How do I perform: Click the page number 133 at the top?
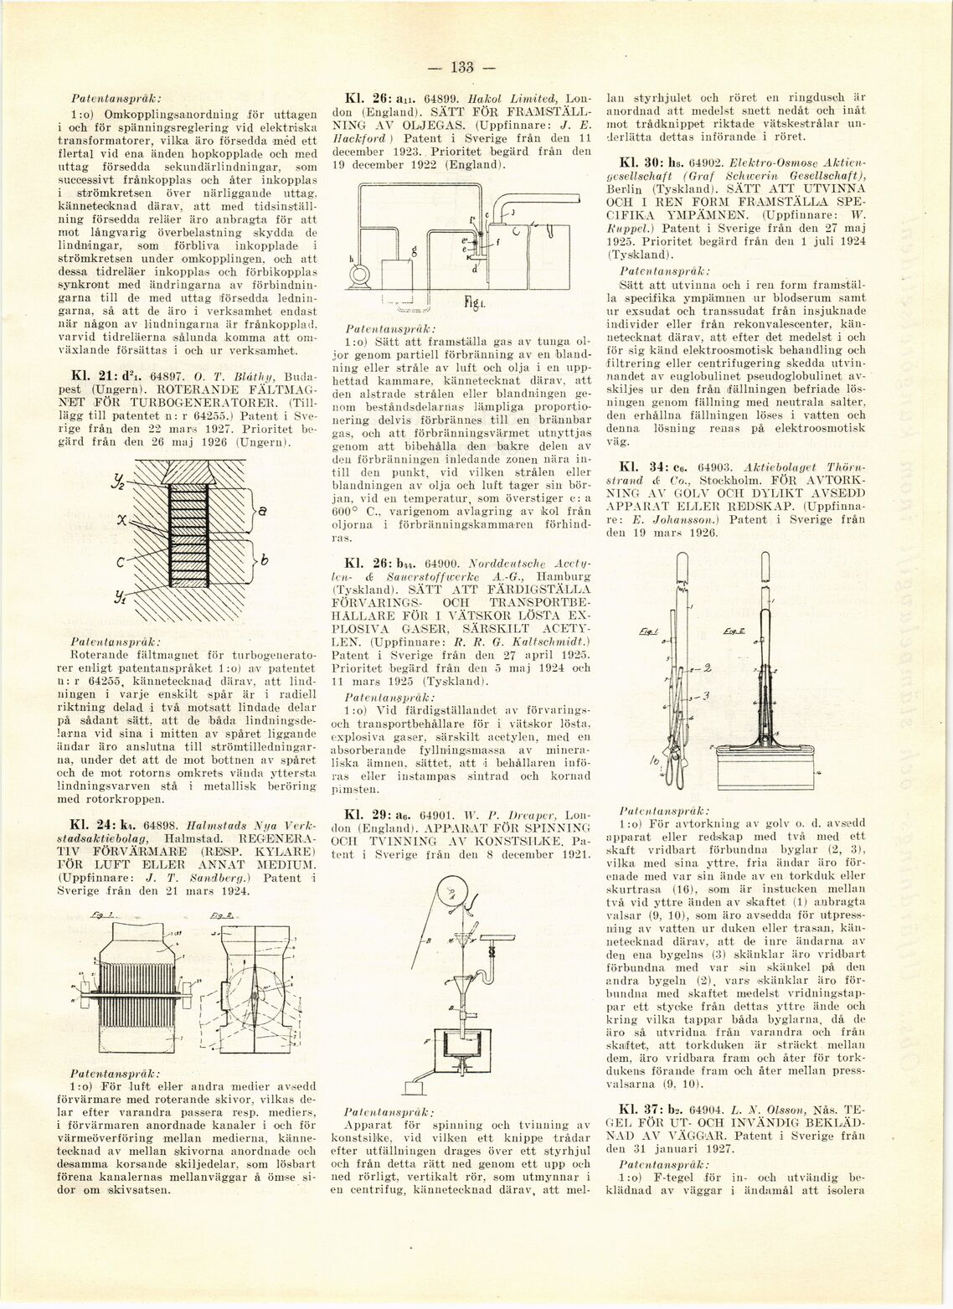pos(462,68)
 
